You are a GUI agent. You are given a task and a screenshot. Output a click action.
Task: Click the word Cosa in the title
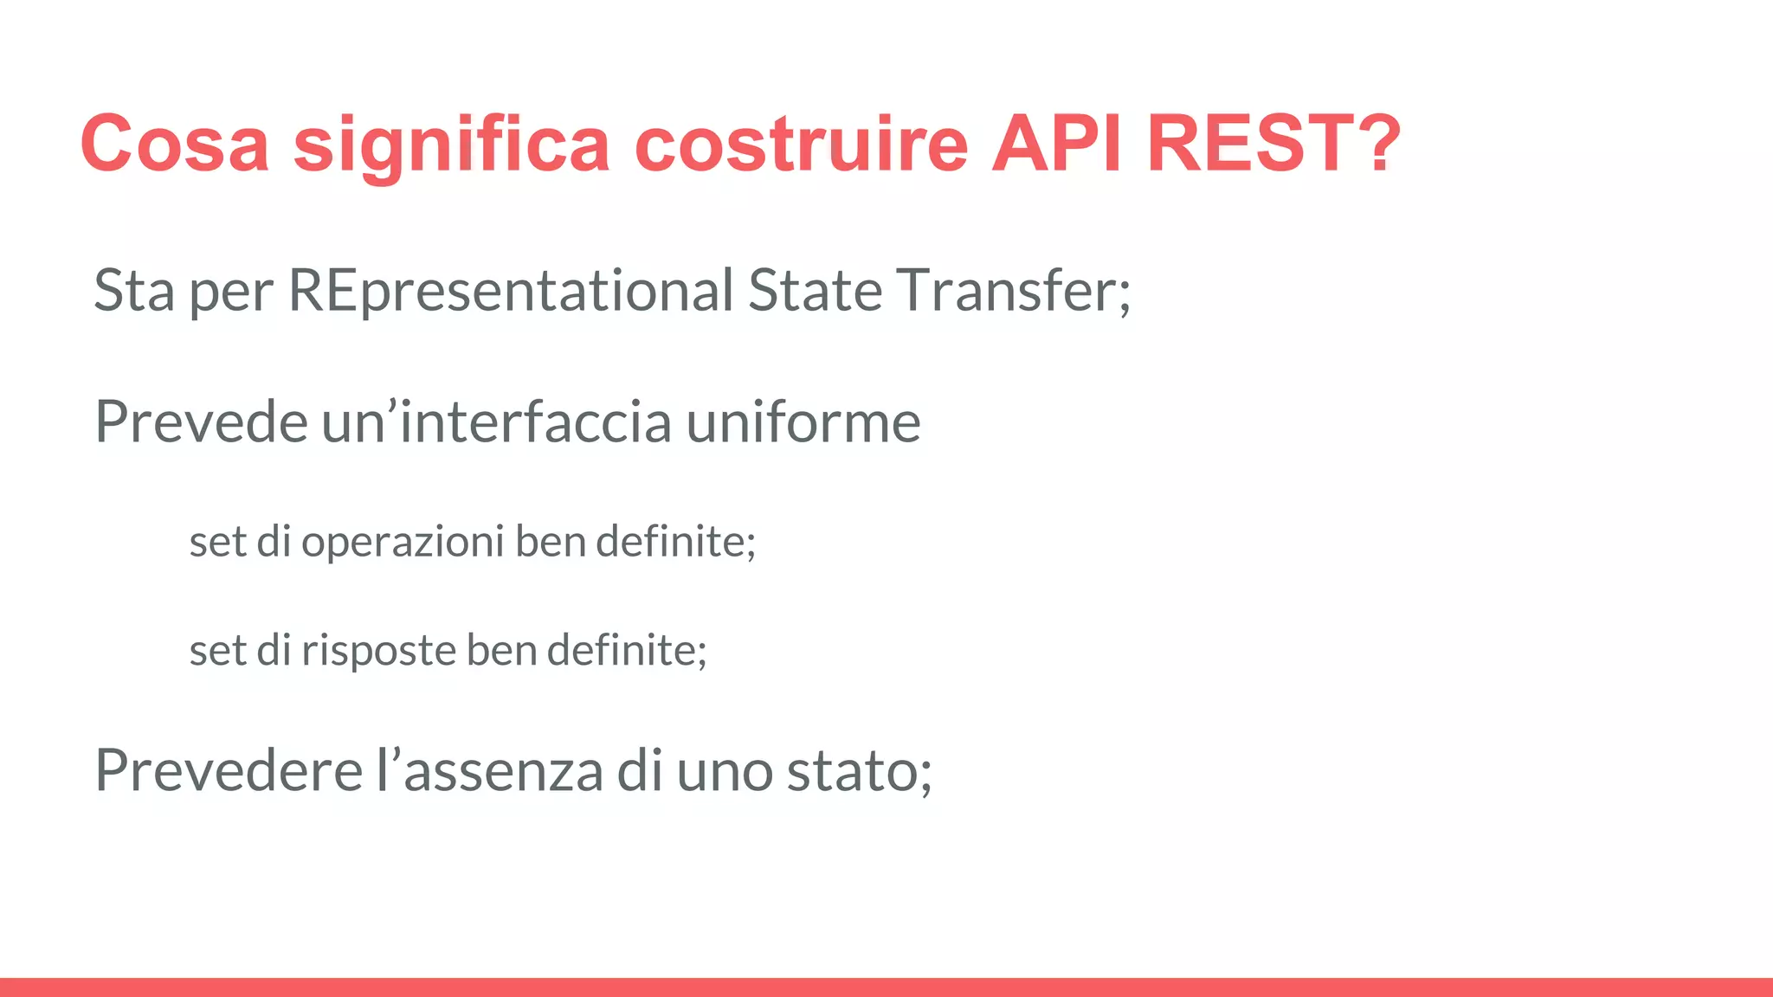[x=174, y=144]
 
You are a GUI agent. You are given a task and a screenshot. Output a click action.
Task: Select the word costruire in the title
[x=801, y=144]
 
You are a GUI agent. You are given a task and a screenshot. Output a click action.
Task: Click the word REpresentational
[x=511, y=291]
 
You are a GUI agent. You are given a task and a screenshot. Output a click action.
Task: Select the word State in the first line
[x=815, y=291]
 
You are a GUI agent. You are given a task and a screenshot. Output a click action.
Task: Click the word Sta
[x=134, y=291]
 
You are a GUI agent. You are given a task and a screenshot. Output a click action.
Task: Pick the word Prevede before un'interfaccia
[x=201, y=422]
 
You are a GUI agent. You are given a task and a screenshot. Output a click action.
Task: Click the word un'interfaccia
[x=497, y=422]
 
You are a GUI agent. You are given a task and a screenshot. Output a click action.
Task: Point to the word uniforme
[x=803, y=422]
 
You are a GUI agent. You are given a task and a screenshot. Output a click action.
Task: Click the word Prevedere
[x=229, y=770]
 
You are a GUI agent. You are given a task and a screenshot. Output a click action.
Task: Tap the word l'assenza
[x=489, y=770]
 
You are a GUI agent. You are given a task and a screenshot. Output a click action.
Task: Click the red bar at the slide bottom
[x=886, y=987]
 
